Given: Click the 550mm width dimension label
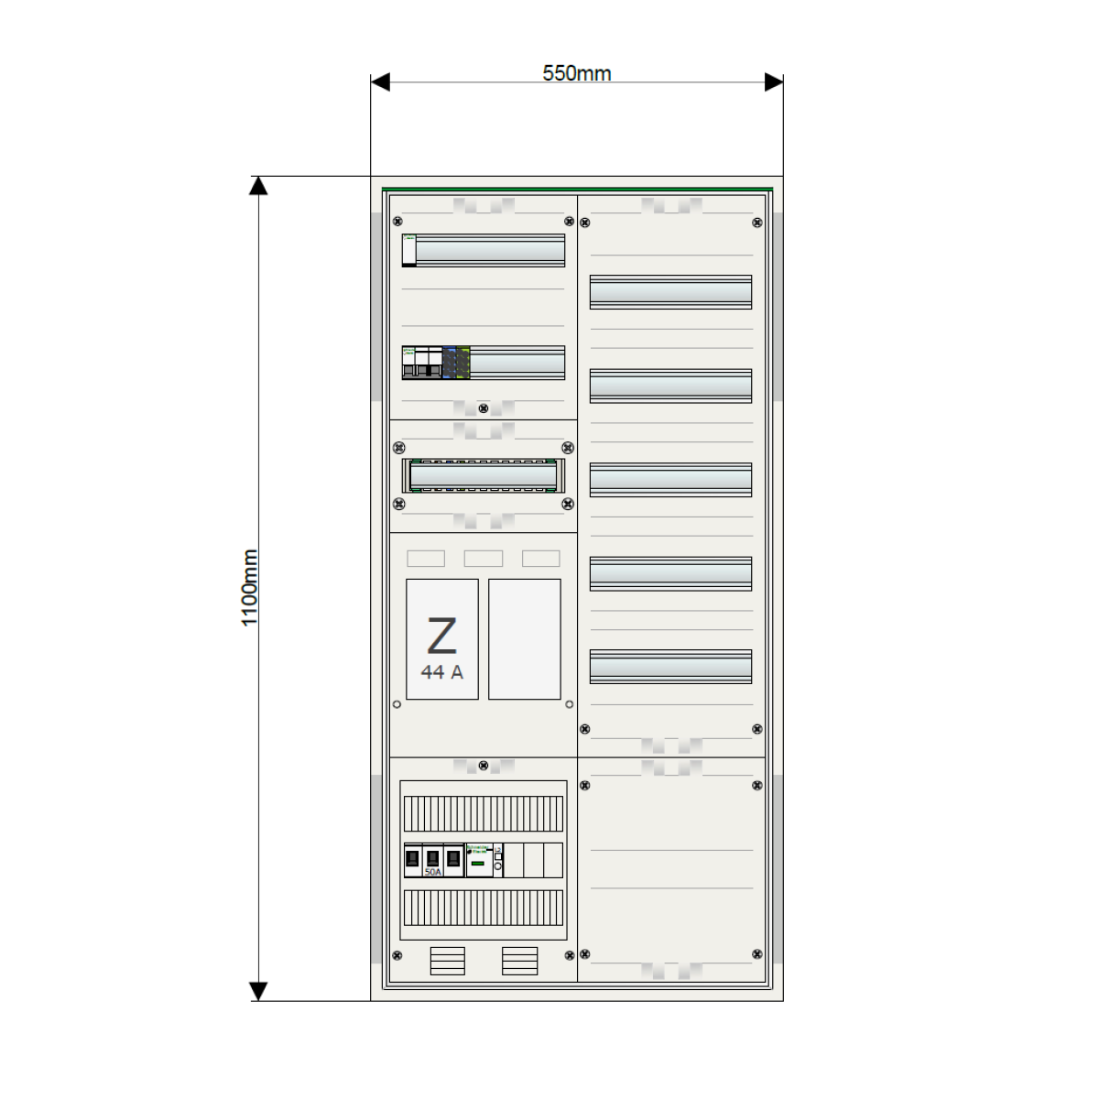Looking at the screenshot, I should coord(576,73).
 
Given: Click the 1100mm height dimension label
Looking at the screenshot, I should coord(249,588).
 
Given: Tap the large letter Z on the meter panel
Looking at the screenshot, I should coord(441,636).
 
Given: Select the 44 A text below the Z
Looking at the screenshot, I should coord(441,672).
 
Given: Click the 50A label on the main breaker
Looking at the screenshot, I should coord(432,872).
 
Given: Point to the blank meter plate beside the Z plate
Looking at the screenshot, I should coord(524,638).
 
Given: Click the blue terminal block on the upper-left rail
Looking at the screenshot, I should coord(449,363).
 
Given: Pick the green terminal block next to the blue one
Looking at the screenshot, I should coord(463,363).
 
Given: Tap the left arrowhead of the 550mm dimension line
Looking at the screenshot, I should coord(379,82).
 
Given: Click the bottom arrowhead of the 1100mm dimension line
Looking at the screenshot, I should coord(258,992).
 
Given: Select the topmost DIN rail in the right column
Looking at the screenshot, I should coord(670,292).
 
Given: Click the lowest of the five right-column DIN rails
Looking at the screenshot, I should coord(670,666).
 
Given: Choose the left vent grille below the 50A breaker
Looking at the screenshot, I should coord(447,961).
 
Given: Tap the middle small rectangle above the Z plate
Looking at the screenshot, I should coord(483,558).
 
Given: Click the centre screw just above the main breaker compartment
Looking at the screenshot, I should coord(484,766).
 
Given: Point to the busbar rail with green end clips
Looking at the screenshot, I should coord(483,475).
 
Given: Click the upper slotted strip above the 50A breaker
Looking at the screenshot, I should coord(483,813).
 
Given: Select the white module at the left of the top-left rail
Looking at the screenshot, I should coord(409,250).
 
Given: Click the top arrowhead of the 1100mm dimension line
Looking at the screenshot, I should coord(258,186).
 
